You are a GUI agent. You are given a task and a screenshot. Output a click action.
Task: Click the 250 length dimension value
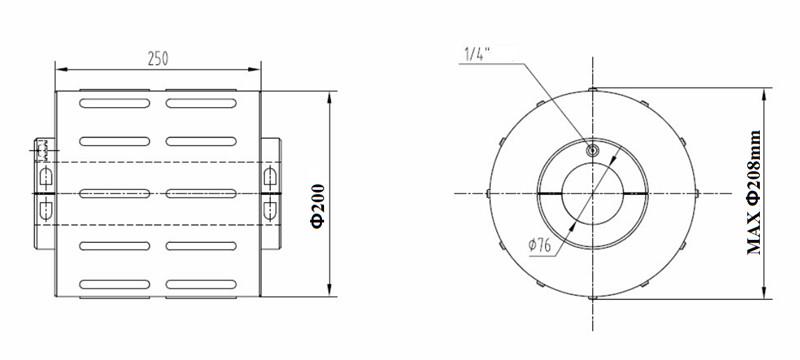tap(158, 59)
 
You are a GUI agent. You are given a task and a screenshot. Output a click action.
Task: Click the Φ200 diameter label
tap(318, 206)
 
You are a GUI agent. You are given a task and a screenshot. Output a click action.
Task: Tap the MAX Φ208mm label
tap(754, 193)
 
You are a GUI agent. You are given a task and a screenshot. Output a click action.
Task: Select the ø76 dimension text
tap(540, 245)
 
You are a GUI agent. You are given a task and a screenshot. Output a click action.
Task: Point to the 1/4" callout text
tap(477, 54)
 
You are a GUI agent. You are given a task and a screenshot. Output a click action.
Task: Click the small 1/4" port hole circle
tap(592, 150)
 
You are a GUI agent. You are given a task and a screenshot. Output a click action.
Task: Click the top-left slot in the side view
tap(115, 103)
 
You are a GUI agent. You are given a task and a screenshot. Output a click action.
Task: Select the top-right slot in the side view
tap(201, 103)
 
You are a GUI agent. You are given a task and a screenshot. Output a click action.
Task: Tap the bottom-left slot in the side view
tap(115, 285)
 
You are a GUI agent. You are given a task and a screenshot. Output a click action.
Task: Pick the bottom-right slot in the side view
tap(201, 285)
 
